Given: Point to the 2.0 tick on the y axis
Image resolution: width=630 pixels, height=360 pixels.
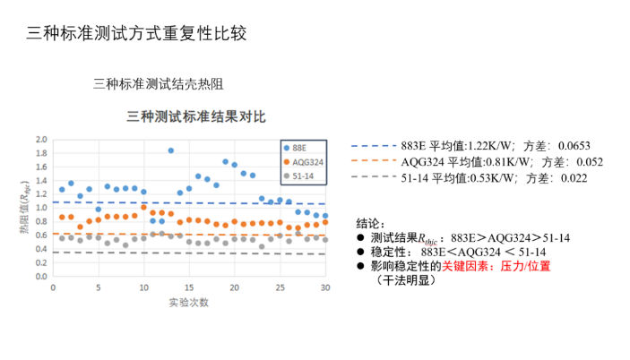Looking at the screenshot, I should click(x=40, y=140).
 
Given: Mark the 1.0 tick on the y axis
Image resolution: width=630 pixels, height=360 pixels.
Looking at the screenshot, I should click(x=40, y=208).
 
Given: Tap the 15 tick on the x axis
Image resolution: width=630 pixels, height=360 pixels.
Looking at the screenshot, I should click(x=189, y=287).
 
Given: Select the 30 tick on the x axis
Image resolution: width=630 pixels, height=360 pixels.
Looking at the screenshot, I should click(x=324, y=287).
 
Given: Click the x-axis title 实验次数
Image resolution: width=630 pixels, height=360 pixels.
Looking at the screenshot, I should click(x=188, y=302).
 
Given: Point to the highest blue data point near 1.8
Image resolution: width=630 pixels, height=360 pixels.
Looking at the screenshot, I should click(x=170, y=150).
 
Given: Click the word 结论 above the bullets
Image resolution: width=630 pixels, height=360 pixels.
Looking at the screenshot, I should click(x=370, y=223).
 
